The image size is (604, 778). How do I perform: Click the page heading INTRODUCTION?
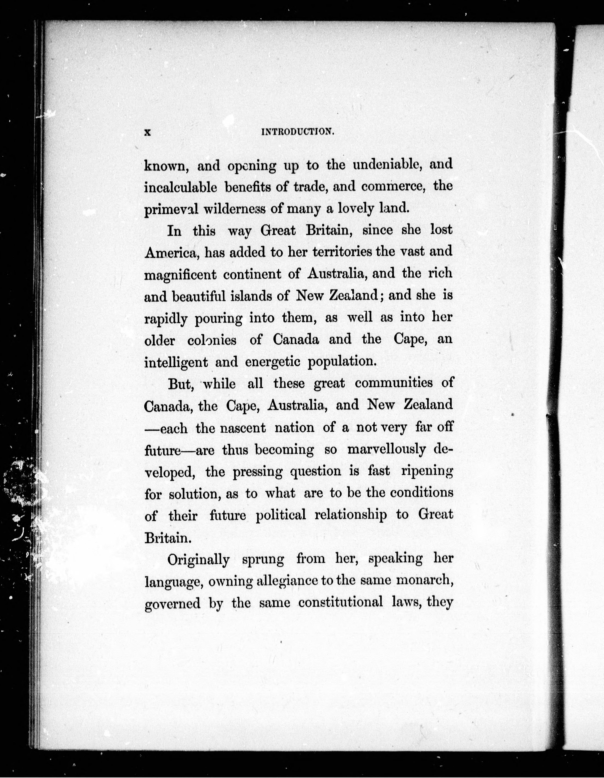coord(298,132)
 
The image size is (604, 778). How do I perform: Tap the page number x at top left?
coord(148,132)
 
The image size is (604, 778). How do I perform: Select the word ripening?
coord(427,471)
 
